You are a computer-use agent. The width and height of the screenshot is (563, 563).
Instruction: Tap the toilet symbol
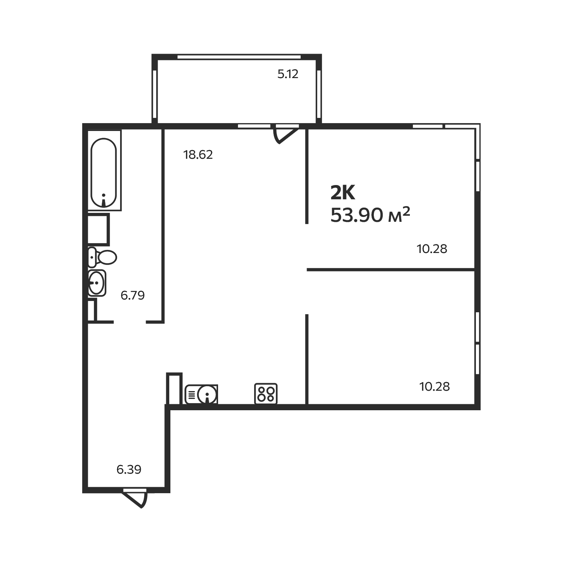click(103, 257)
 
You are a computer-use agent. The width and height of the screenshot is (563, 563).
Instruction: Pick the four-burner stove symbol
click(266, 393)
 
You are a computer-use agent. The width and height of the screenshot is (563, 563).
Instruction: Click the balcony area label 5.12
click(288, 74)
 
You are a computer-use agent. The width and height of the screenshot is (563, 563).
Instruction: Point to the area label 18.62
click(198, 155)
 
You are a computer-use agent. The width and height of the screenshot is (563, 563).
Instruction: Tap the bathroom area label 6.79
click(132, 295)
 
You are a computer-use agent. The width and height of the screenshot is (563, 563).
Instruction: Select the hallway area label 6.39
click(129, 470)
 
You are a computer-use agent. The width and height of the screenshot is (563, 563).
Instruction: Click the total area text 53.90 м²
click(370, 215)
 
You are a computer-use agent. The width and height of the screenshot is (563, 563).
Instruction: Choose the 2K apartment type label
click(342, 194)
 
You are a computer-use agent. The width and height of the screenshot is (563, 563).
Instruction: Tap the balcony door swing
click(285, 135)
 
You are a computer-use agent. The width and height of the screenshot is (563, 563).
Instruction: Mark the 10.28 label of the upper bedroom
click(432, 249)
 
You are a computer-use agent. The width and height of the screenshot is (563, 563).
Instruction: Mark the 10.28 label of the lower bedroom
click(434, 387)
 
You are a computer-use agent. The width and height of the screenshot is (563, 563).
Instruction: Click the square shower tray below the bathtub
click(98, 229)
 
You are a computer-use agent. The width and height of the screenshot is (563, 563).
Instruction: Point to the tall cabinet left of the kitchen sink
click(174, 388)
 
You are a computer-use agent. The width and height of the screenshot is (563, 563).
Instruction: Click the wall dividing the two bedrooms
click(390, 269)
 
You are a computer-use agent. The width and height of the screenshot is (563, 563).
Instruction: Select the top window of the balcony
click(239, 57)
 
